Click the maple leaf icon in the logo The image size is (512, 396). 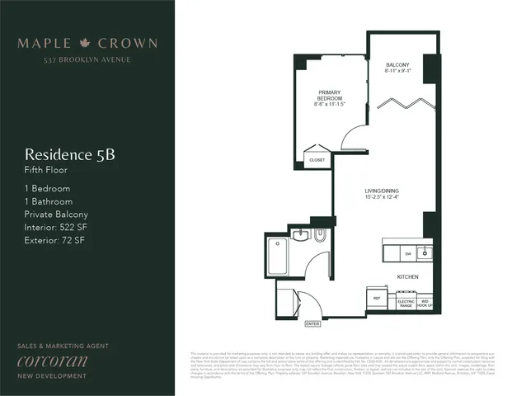pyautogui.click(x=87, y=43)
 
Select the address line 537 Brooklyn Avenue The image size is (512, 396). pyautogui.click(x=87, y=60)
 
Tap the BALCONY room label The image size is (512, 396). pyautogui.click(x=397, y=64)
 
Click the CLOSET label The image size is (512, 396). pyautogui.click(x=317, y=159)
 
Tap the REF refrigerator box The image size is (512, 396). pyautogui.click(x=376, y=297)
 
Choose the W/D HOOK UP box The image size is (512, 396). pyautogui.click(x=425, y=302)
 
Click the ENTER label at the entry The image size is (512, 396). pyautogui.click(x=312, y=323)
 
